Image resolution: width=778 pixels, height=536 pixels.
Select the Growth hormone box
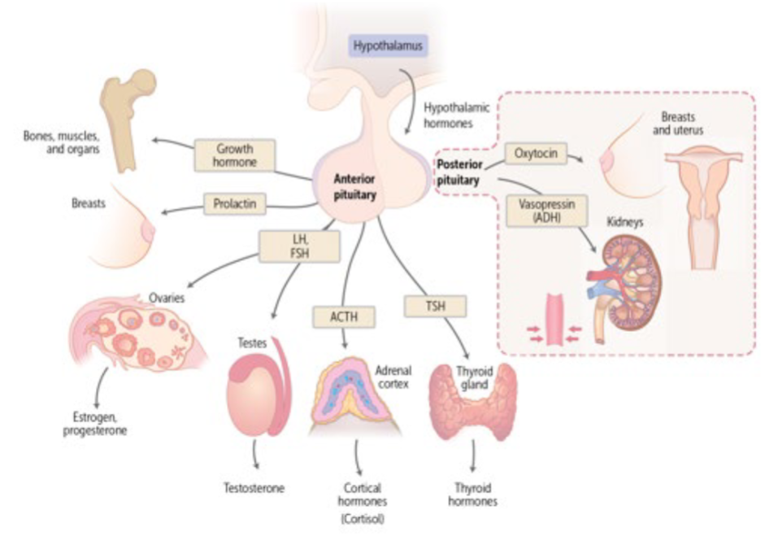pos(235,155)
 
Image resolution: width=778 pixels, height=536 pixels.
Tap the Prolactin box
pos(235,203)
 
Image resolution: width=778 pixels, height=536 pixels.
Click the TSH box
pos(436,307)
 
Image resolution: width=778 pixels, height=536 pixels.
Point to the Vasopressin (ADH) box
pos(541,211)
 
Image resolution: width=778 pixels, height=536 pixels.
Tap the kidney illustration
pos(630,285)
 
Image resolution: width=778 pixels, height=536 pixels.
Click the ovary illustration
pos(130,333)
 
